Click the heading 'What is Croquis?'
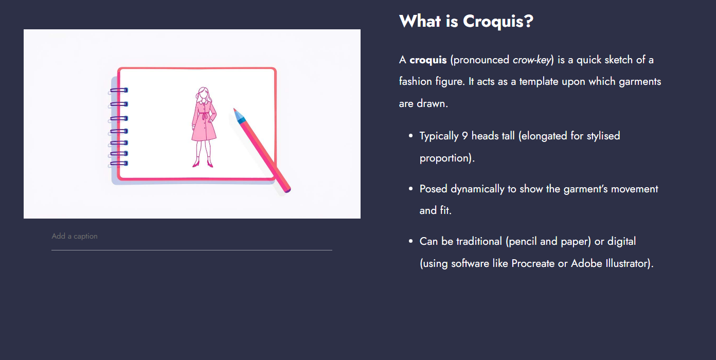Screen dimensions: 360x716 pyautogui.click(x=466, y=22)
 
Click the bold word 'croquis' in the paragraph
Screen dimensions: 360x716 pyautogui.click(x=428, y=60)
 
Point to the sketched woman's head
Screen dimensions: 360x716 pyautogui.click(x=204, y=95)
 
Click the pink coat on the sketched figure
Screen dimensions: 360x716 pyautogui.click(x=204, y=123)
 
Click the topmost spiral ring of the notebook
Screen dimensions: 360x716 pyautogui.click(x=118, y=91)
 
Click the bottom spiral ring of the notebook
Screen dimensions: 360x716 pyautogui.click(x=118, y=164)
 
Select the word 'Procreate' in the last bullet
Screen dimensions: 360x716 pyautogui.click(x=533, y=263)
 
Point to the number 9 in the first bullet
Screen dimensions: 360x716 pyautogui.click(x=464, y=136)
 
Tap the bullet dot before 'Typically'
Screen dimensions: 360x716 pyautogui.click(x=410, y=136)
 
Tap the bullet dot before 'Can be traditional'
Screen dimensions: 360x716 pyautogui.click(x=410, y=242)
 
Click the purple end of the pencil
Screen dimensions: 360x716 pyautogui.click(x=288, y=190)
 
